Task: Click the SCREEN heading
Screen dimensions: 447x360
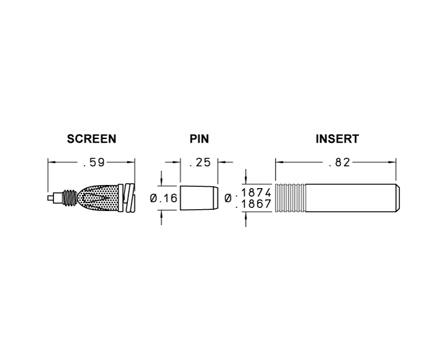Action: [x=91, y=139]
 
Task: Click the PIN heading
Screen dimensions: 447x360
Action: [x=199, y=139]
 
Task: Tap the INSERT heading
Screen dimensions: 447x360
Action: [x=337, y=139]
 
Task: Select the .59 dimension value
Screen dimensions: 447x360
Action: [x=94, y=163]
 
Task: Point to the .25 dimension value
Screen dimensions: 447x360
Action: [x=199, y=163]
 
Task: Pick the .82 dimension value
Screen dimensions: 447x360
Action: [x=339, y=163]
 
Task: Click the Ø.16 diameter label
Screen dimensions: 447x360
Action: [x=164, y=198]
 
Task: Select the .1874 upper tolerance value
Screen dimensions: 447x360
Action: [x=253, y=192]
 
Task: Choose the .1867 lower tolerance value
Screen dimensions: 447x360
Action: [x=253, y=204]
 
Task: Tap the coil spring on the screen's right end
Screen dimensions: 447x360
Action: [x=129, y=198]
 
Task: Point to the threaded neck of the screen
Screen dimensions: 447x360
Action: [x=70, y=198]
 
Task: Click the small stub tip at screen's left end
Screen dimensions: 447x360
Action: [x=50, y=198]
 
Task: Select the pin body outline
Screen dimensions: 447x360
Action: [x=199, y=198]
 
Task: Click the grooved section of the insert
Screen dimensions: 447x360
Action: [x=290, y=198]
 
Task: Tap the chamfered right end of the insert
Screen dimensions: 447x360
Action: [x=397, y=198]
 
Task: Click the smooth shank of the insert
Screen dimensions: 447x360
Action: [x=350, y=198]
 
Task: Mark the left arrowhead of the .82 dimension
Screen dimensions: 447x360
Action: [x=279, y=162]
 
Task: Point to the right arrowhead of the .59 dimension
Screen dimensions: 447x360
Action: [x=132, y=162]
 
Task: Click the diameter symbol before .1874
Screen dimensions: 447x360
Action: [x=228, y=198]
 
